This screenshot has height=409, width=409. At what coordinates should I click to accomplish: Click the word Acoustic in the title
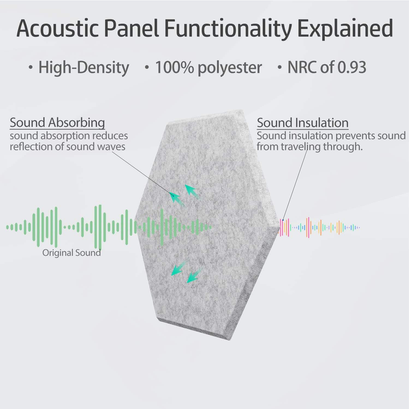click(58, 28)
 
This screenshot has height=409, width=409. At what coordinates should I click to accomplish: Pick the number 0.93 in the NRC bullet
click(352, 67)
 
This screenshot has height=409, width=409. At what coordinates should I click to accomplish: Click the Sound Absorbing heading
click(57, 123)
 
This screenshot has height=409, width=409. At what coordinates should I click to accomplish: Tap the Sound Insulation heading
click(303, 123)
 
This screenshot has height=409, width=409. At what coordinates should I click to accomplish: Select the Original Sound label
click(71, 253)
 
